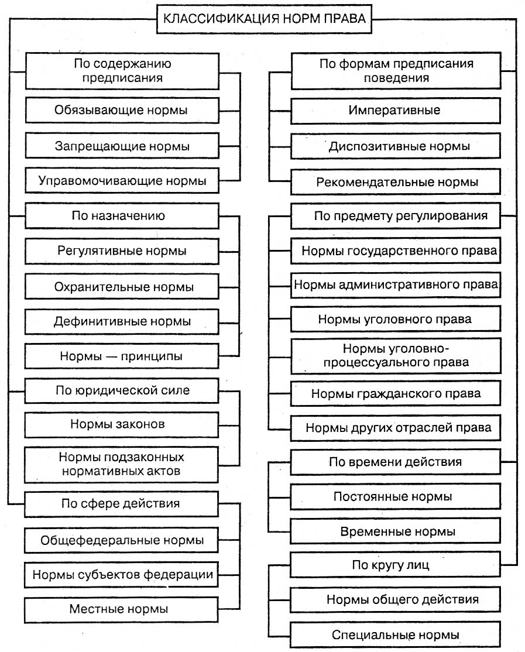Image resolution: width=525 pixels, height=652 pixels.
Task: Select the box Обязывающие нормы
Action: (122, 110)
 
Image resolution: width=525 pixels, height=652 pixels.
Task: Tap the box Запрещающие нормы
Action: (122, 146)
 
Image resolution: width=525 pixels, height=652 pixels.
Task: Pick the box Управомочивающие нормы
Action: (122, 181)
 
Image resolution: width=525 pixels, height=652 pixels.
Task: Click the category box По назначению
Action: (122, 216)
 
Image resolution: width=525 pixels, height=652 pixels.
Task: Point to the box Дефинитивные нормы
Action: (122, 321)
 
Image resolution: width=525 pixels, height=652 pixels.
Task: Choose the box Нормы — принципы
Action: (122, 356)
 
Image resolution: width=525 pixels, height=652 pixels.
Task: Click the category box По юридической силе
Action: (122, 390)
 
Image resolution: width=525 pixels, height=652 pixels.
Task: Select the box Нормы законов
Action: (122, 424)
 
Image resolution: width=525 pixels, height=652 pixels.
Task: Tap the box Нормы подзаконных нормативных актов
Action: (122, 463)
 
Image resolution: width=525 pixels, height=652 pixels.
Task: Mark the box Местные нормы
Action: (122, 609)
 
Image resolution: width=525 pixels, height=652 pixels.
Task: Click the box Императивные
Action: (395, 110)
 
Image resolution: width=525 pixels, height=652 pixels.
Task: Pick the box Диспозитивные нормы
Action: (395, 146)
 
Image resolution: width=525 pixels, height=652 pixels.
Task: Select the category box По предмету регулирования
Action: (395, 216)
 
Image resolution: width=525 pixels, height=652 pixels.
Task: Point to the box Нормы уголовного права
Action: (395, 320)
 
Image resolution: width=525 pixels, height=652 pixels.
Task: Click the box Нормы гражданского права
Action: (395, 394)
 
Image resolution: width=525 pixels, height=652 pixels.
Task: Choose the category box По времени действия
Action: (395, 462)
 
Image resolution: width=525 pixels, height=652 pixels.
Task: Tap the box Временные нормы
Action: (395, 532)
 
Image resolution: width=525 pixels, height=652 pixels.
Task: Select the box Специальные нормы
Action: (395, 634)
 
